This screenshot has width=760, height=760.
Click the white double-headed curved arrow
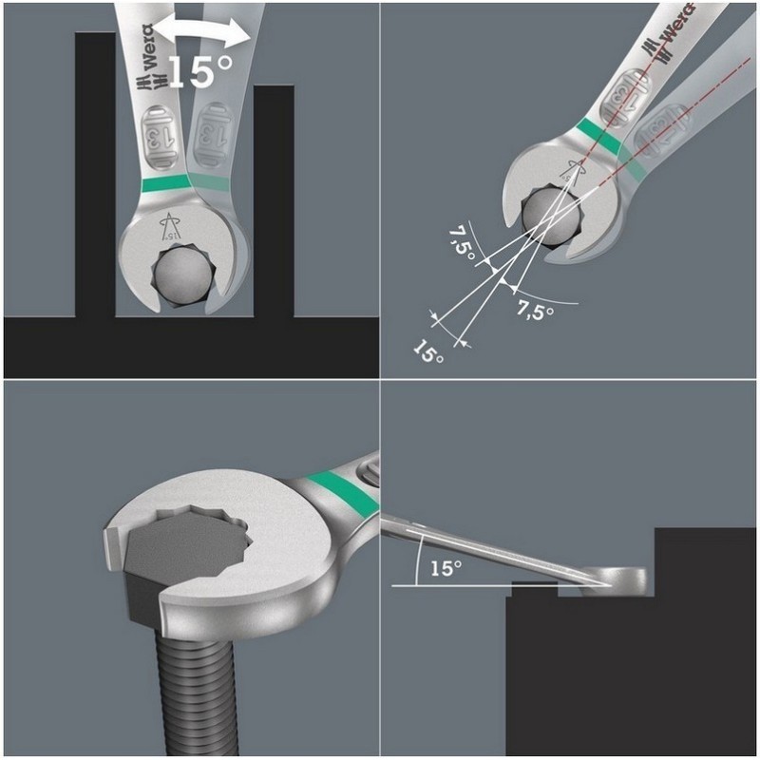(x=204, y=29)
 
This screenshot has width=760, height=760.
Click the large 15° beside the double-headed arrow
(x=200, y=71)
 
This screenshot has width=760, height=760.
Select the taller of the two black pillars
(x=96, y=175)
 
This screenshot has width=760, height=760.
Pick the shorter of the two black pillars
(x=274, y=201)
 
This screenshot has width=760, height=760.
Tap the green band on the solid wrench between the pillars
(x=164, y=183)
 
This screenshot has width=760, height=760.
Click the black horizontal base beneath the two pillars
(x=192, y=347)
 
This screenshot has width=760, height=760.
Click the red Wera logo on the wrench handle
(x=674, y=29)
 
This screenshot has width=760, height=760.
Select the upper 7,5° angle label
(x=462, y=243)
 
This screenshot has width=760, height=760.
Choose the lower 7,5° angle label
(x=535, y=311)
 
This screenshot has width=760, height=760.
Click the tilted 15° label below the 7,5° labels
(x=428, y=351)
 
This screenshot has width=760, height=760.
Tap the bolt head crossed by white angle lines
(x=552, y=215)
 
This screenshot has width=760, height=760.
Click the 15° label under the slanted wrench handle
(x=446, y=568)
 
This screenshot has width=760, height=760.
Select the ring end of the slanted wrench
(x=615, y=580)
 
